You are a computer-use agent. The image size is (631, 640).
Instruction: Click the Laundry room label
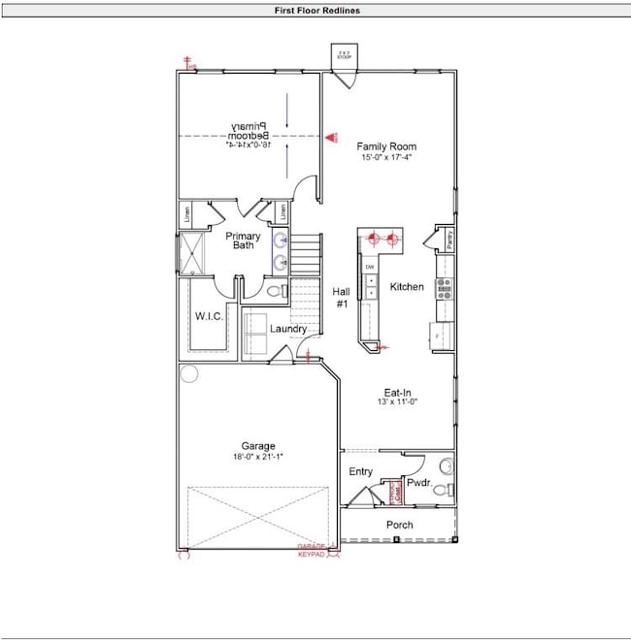[x=288, y=329]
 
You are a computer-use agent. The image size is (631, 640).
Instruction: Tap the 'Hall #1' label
[x=341, y=297]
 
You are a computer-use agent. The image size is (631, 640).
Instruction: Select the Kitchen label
[x=407, y=287]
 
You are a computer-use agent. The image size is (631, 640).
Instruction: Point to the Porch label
[x=399, y=525]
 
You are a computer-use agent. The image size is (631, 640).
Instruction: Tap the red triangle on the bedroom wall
[x=330, y=139]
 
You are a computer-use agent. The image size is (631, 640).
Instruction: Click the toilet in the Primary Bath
[x=274, y=291]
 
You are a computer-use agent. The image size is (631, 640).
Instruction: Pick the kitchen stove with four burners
[x=445, y=287]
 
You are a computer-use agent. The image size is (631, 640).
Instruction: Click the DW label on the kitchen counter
[x=370, y=267]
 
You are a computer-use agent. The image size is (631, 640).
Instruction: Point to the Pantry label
[x=449, y=239]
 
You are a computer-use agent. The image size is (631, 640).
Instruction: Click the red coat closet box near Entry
[x=395, y=493]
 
